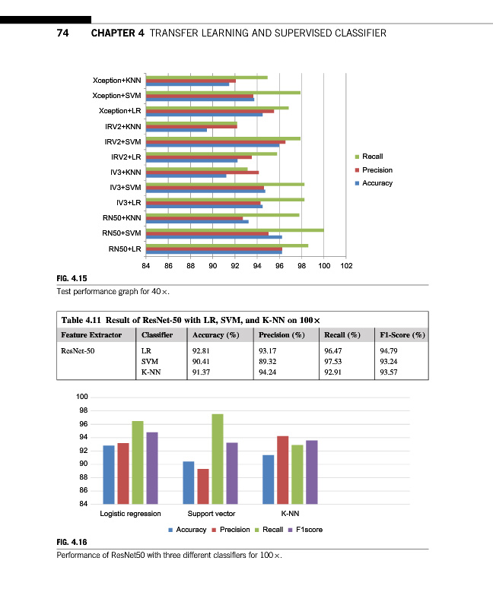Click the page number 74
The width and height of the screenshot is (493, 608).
(x=63, y=33)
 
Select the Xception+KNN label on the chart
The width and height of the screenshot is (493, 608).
(x=116, y=80)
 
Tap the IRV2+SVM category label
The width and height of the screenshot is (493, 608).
(x=122, y=141)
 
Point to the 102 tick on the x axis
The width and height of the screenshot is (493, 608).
(x=347, y=267)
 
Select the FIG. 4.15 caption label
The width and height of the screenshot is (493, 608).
(x=72, y=279)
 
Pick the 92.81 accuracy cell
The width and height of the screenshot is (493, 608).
(x=204, y=351)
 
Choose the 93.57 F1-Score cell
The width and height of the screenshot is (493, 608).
(x=389, y=372)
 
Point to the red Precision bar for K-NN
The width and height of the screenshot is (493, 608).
(x=282, y=470)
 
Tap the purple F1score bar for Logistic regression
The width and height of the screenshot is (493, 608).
(x=152, y=467)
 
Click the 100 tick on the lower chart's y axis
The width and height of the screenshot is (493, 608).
(x=83, y=397)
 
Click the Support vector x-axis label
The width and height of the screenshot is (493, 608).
(x=211, y=515)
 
